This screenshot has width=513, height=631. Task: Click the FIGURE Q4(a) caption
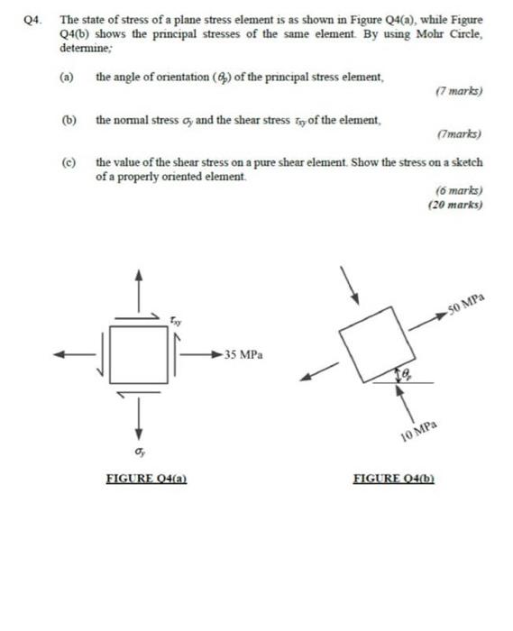click(x=146, y=479)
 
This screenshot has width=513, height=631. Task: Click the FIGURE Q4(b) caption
click(x=395, y=479)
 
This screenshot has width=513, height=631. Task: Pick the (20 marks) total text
click(x=456, y=206)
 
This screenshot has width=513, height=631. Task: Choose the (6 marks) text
click(x=459, y=191)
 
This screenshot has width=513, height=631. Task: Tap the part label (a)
click(x=66, y=78)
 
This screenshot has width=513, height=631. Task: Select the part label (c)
click(x=66, y=163)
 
